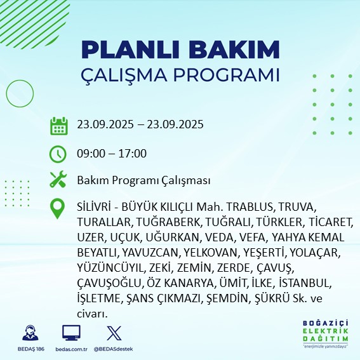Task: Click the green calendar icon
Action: (x=58, y=126)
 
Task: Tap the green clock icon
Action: (x=58, y=154)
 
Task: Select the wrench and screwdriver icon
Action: (x=58, y=180)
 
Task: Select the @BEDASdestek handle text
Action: (x=114, y=349)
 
